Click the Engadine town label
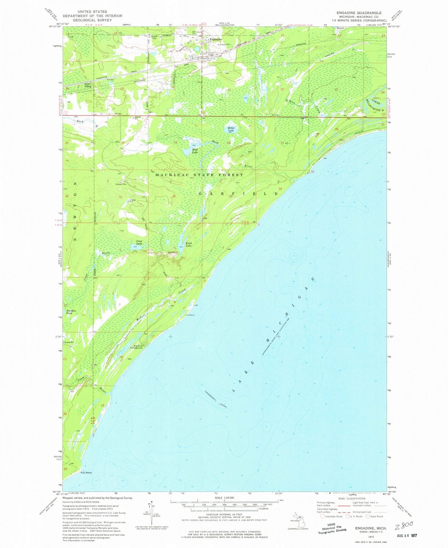[215, 39]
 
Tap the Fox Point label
[86, 473]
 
